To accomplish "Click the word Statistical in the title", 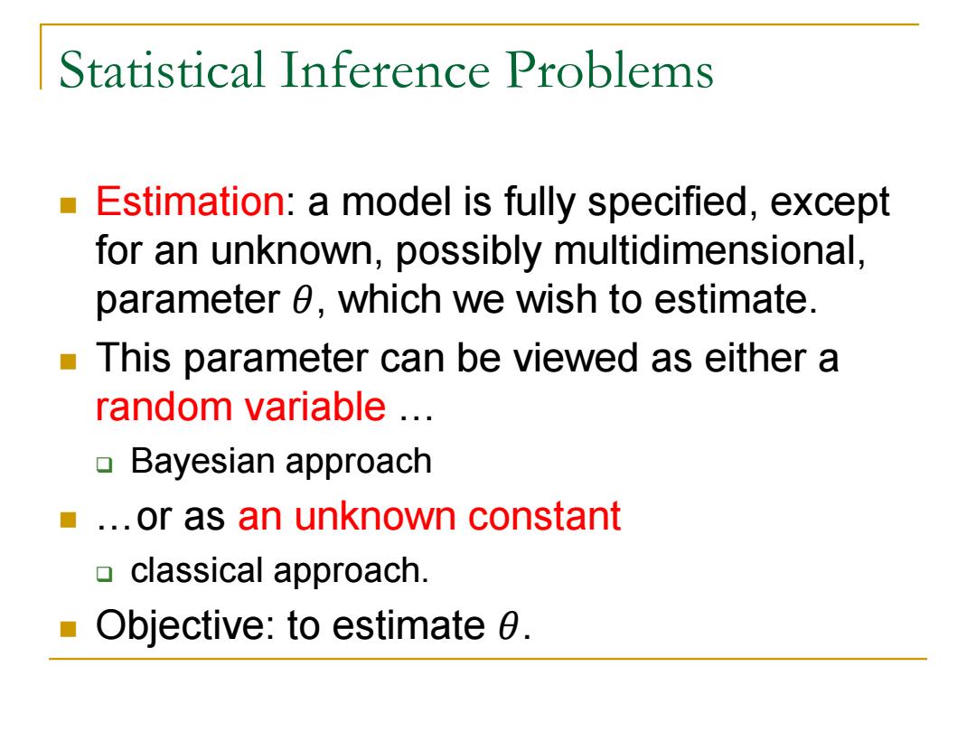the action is (x=162, y=70).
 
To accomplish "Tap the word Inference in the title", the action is (x=385, y=70).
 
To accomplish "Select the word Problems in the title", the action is (x=609, y=70).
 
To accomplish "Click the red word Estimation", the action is (x=190, y=202).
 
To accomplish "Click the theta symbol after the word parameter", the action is (x=303, y=300).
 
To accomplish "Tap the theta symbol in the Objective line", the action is (x=508, y=625).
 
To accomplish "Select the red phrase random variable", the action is (x=241, y=407).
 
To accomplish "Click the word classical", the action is (x=197, y=571).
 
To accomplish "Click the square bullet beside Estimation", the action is (x=68, y=205).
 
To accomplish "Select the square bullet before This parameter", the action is (x=68, y=361).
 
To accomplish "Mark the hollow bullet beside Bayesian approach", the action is (x=105, y=465).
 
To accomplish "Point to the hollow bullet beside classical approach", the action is (x=105, y=573).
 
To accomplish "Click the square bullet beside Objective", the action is (x=68, y=629).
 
